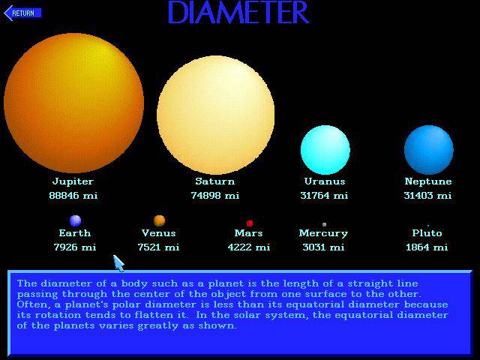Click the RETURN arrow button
point(22,13)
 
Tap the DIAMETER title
point(238,12)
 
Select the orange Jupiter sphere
point(73,103)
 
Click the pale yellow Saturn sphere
point(215,115)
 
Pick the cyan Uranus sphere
point(325,150)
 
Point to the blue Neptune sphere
point(428,150)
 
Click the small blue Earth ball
point(75,220)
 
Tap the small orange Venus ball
point(159,220)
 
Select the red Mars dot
point(250,223)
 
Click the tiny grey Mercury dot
point(324,224)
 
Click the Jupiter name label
point(73,181)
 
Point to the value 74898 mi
point(215,195)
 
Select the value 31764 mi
point(324,195)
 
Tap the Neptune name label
point(428,181)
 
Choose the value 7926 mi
point(75,247)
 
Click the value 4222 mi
point(249,247)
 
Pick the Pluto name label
point(427,233)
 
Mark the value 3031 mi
point(323,247)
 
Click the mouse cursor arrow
point(118,263)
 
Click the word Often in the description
point(29,304)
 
